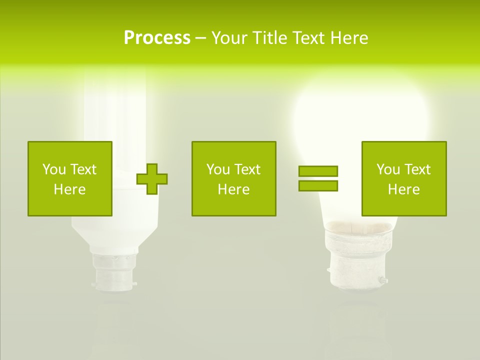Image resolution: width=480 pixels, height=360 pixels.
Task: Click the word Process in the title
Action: click(x=157, y=38)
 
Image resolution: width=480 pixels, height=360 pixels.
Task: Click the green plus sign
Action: click(x=152, y=178)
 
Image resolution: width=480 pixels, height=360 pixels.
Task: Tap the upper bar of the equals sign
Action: click(x=318, y=171)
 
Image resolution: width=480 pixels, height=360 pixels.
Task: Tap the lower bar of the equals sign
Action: click(x=318, y=185)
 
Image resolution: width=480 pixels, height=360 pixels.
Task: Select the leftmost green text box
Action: click(x=69, y=178)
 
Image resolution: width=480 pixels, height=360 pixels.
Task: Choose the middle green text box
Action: click(x=233, y=178)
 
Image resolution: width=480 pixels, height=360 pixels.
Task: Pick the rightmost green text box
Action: click(x=403, y=178)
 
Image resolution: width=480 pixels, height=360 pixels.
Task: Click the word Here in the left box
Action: click(x=69, y=189)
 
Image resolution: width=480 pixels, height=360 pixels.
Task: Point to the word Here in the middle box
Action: click(x=233, y=189)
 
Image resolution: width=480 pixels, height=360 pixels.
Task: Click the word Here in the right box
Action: click(x=403, y=189)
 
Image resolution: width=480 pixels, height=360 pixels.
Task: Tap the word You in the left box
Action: click(x=53, y=169)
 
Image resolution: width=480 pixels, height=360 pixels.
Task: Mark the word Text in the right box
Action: click(x=417, y=169)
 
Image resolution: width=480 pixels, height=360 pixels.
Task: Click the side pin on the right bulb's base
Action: click(x=383, y=281)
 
